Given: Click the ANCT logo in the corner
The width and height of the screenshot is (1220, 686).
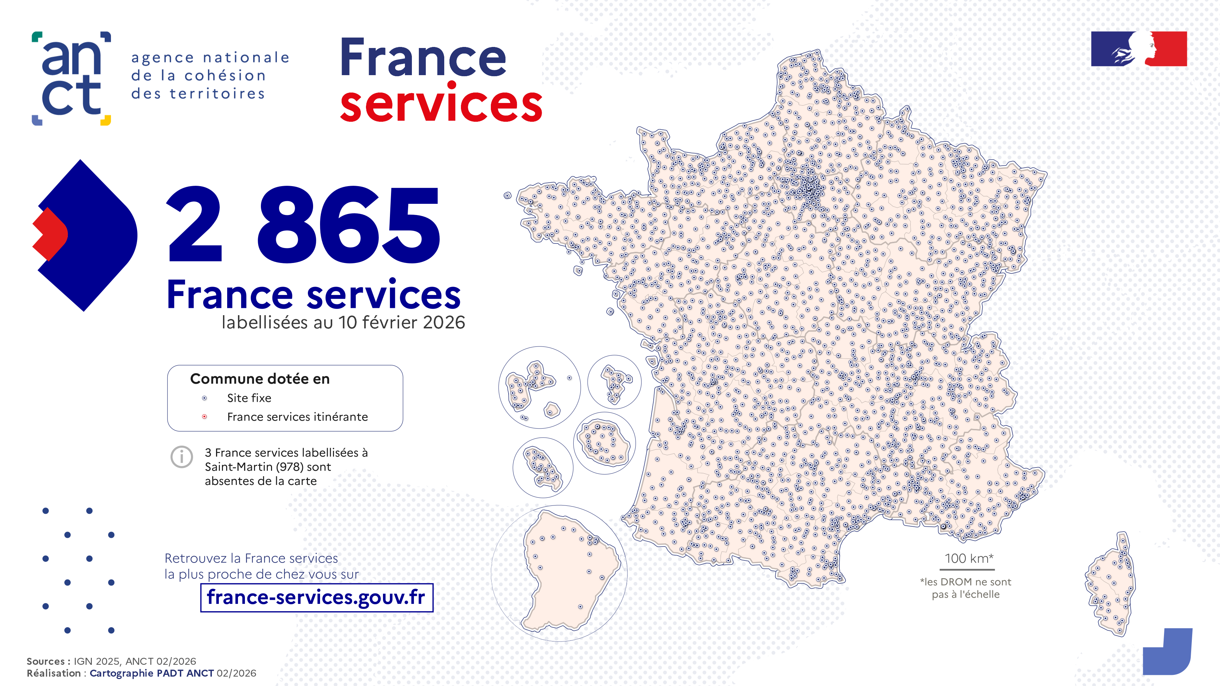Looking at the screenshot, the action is point(71,78).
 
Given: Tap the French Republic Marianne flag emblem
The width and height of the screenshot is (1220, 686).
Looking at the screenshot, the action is point(1139,49).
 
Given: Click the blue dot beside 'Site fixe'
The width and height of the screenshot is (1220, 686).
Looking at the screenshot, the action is point(205,398).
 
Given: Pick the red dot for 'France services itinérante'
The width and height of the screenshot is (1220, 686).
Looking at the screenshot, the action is point(205,417).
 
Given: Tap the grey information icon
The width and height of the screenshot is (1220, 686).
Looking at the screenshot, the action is point(181,457).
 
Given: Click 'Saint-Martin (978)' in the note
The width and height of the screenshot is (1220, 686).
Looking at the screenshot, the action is point(268,467).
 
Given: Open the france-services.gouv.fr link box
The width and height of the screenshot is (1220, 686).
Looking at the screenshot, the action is point(316,597).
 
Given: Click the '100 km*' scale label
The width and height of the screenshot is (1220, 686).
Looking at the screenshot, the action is point(968,559).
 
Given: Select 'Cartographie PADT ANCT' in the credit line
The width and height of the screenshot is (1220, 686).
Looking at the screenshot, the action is point(152,673).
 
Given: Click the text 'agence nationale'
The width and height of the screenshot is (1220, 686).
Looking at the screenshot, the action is point(210,58).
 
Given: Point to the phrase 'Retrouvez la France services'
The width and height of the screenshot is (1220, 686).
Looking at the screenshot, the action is point(251,559).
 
